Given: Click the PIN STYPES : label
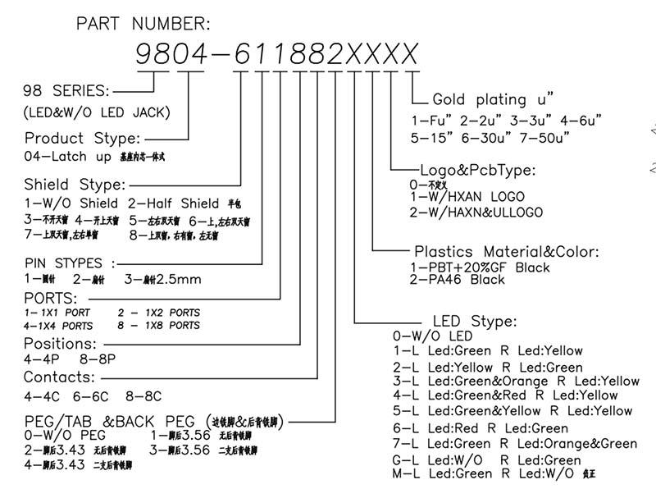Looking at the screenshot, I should (x=70, y=263).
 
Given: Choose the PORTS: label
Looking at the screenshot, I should (x=51, y=298).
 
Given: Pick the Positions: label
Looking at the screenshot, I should (x=60, y=343).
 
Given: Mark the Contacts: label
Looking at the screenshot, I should (x=59, y=377).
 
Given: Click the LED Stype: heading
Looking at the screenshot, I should (x=473, y=321).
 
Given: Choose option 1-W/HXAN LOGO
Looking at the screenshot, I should (x=467, y=198).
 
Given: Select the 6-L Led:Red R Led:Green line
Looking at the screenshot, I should (x=481, y=428).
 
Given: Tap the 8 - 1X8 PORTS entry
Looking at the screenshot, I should (x=159, y=326).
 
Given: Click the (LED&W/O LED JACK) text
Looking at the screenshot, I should (x=98, y=112).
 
